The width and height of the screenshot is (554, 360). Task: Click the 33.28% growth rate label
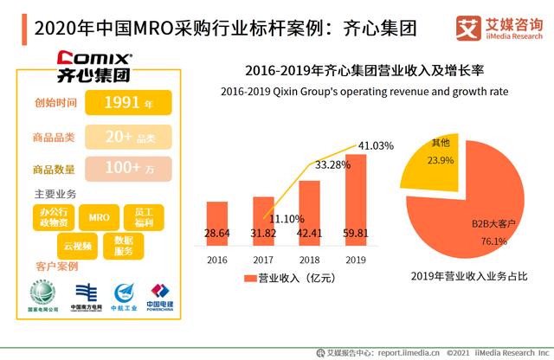[x=333, y=164]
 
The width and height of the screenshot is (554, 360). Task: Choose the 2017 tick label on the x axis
[x=262, y=259]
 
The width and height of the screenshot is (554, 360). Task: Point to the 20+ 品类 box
[x=128, y=137]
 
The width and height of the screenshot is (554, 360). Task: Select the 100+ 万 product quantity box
[x=128, y=168]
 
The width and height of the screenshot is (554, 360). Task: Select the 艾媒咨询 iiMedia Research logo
[x=497, y=26]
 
